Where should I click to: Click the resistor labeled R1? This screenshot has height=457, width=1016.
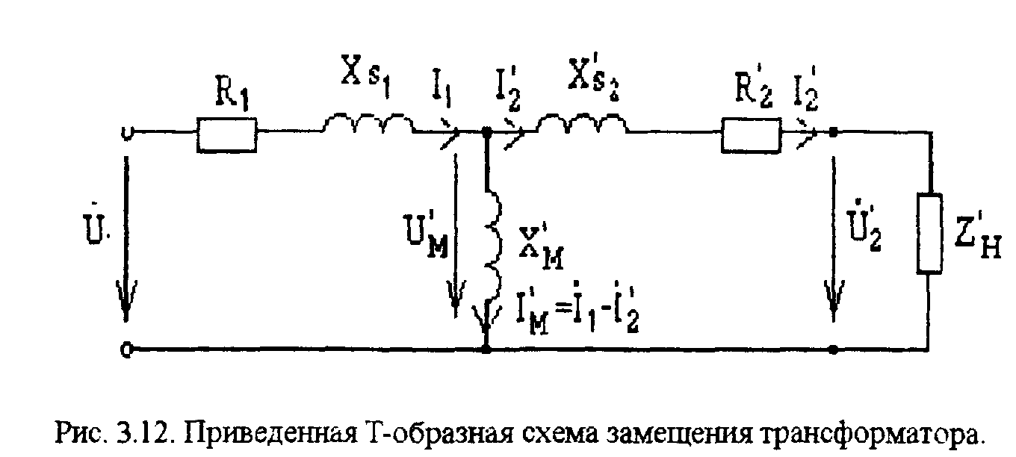coord(226,134)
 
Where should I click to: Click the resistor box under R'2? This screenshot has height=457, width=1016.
coord(751,134)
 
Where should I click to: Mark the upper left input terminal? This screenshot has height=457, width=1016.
coord(126,134)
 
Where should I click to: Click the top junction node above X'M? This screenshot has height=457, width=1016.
coord(486,134)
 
